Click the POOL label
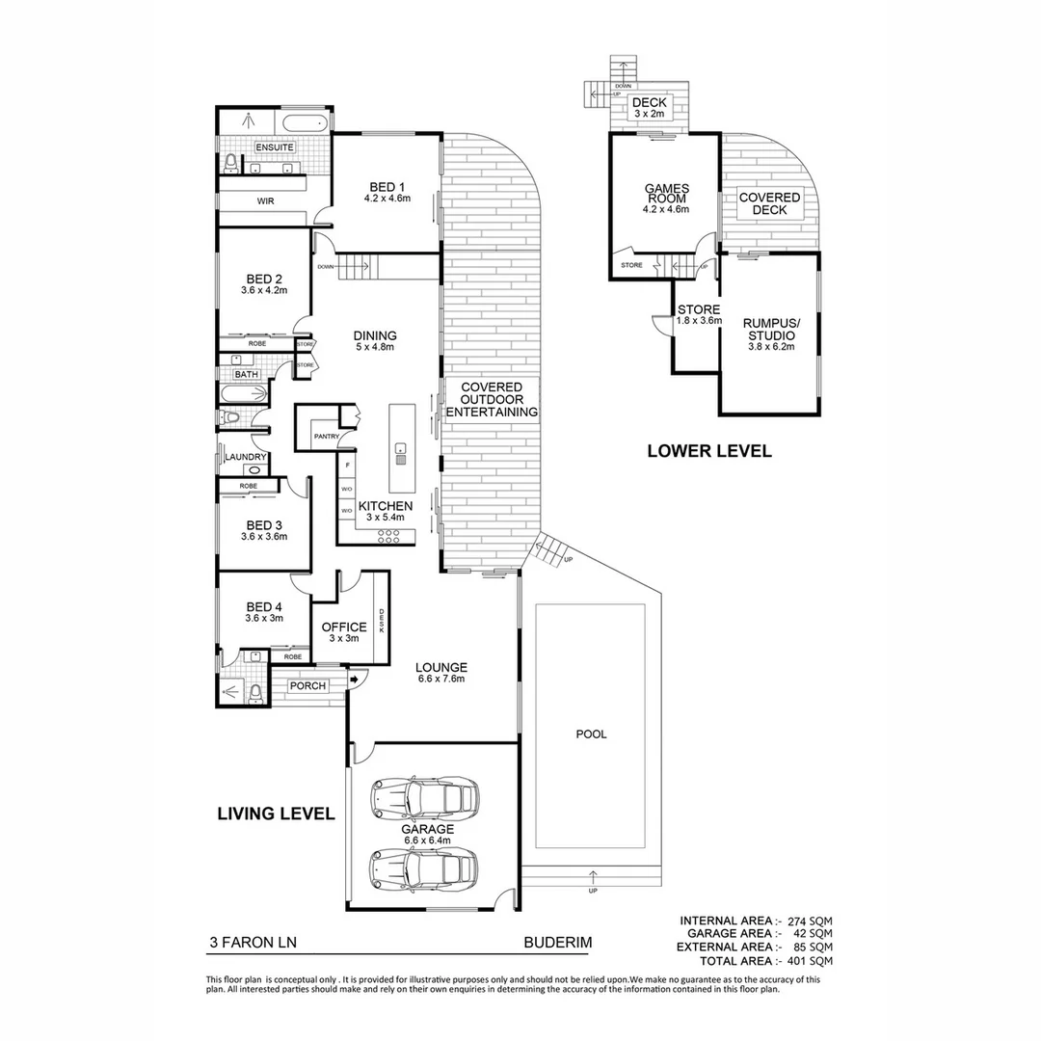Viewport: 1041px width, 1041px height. tap(591, 734)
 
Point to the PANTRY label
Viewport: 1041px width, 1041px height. tap(325, 437)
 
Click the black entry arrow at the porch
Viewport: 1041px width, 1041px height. tap(354, 681)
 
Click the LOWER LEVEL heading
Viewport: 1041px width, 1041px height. tap(709, 450)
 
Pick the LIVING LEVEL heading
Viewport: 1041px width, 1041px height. tap(275, 814)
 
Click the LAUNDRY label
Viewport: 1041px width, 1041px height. tap(245, 458)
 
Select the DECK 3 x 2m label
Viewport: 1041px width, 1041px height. tap(648, 108)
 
